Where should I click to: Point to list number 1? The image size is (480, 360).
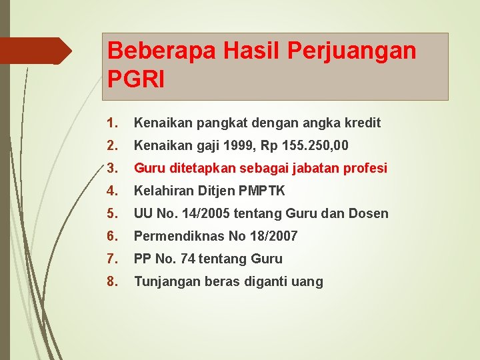coord(111,123)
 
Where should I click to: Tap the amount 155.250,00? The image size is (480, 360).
coord(315,145)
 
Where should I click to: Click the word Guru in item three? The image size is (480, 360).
coord(148,168)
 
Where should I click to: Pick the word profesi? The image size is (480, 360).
coord(365,168)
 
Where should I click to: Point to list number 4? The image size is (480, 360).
coord(111,191)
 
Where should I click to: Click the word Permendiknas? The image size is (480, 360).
coord(177,236)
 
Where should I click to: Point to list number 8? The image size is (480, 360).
coord(111,281)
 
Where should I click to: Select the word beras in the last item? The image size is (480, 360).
coord(212,281)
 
